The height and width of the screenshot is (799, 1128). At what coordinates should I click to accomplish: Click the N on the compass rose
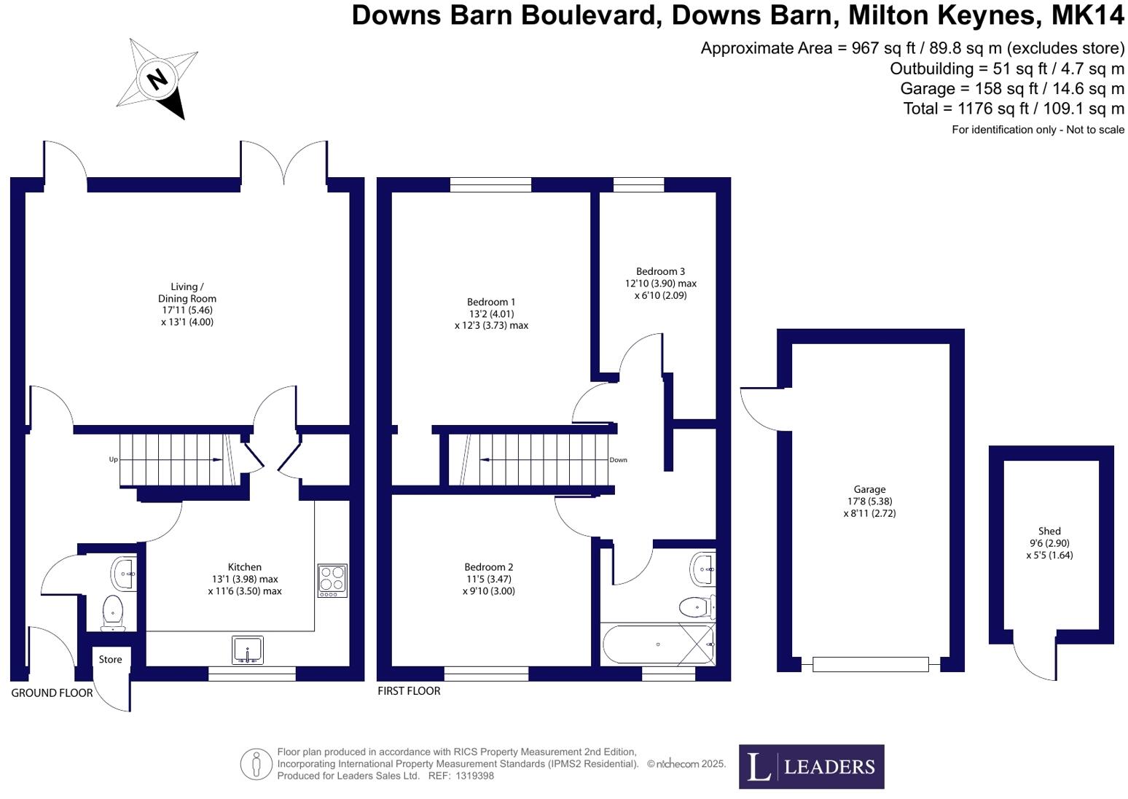pos(157,78)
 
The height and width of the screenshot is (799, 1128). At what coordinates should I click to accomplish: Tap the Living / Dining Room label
pos(187,292)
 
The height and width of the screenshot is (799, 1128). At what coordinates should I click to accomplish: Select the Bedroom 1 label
pos(491,302)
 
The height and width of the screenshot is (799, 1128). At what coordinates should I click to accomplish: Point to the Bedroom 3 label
pos(660,271)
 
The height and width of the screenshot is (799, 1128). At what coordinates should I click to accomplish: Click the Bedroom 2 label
pos(488,567)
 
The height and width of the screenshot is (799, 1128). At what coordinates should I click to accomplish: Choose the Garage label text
pos(869,490)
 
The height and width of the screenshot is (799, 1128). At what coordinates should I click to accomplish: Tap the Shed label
pos(1049,531)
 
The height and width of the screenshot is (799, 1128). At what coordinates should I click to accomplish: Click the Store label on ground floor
pos(110,659)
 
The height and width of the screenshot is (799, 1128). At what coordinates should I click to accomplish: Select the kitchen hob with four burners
pos(332,580)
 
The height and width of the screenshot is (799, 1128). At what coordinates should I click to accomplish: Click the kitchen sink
pos(248,650)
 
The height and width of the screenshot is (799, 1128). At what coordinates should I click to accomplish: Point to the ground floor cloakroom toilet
pos(112,612)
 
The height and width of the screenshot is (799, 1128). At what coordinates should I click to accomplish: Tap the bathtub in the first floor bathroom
pos(657,644)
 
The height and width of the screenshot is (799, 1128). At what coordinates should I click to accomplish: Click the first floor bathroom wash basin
pos(703,568)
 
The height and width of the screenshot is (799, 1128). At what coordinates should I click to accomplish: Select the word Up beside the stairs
pos(113,459)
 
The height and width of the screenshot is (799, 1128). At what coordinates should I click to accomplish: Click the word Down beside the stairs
pos(618,460)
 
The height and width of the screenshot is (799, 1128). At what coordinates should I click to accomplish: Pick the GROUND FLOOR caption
pos(52,693)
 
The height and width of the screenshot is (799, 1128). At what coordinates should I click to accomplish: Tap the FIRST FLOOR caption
pos(409,690)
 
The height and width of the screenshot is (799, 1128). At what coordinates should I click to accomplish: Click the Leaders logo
pos(811,766)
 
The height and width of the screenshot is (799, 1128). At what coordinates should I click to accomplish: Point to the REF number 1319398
pos(476,776)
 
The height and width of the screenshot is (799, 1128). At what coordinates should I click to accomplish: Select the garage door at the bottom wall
pos(870,664)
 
